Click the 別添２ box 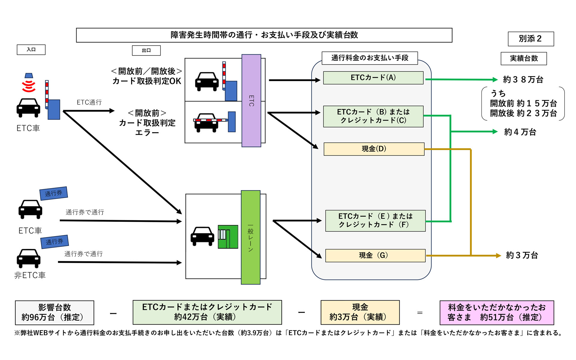pyautogui.click(x=530, y=39)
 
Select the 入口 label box pyautogui.click(x=31, y=49)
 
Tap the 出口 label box pyautogui.click(x=146, y=50)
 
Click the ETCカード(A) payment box pyautogui.click(x=373, y=78)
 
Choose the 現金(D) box pyautogui.click(x=374, y=149)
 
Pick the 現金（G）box pyautogui.click(x=375, y=255)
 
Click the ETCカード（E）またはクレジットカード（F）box pyautogui.click(x=375, y=220)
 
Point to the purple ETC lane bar pyautogui.click(x=251, y=100)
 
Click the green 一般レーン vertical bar pyautogui.click(x=250, y=237)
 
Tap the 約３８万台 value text pyautogui.click(x=523, y=79)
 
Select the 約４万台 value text pyautogui.click(x=520, y=132)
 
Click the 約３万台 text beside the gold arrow pyautogui.click(x=522, y=255)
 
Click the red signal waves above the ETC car pyautogui.click(x=29, y=86)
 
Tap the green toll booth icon pyautogui.click(x=228, y=237)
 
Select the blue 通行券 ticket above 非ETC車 pyautogui.click(x=54, y=241)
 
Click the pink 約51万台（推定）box pyautogui.click(x=496, y=313)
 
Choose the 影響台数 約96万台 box pyautogui.click(x=54, y=313)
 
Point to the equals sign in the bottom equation pyautogui.click(x=420, y=313)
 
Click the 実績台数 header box pyautogui.click(x=523, y=58)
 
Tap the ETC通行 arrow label pyautogui.click(x=89, y=102)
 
